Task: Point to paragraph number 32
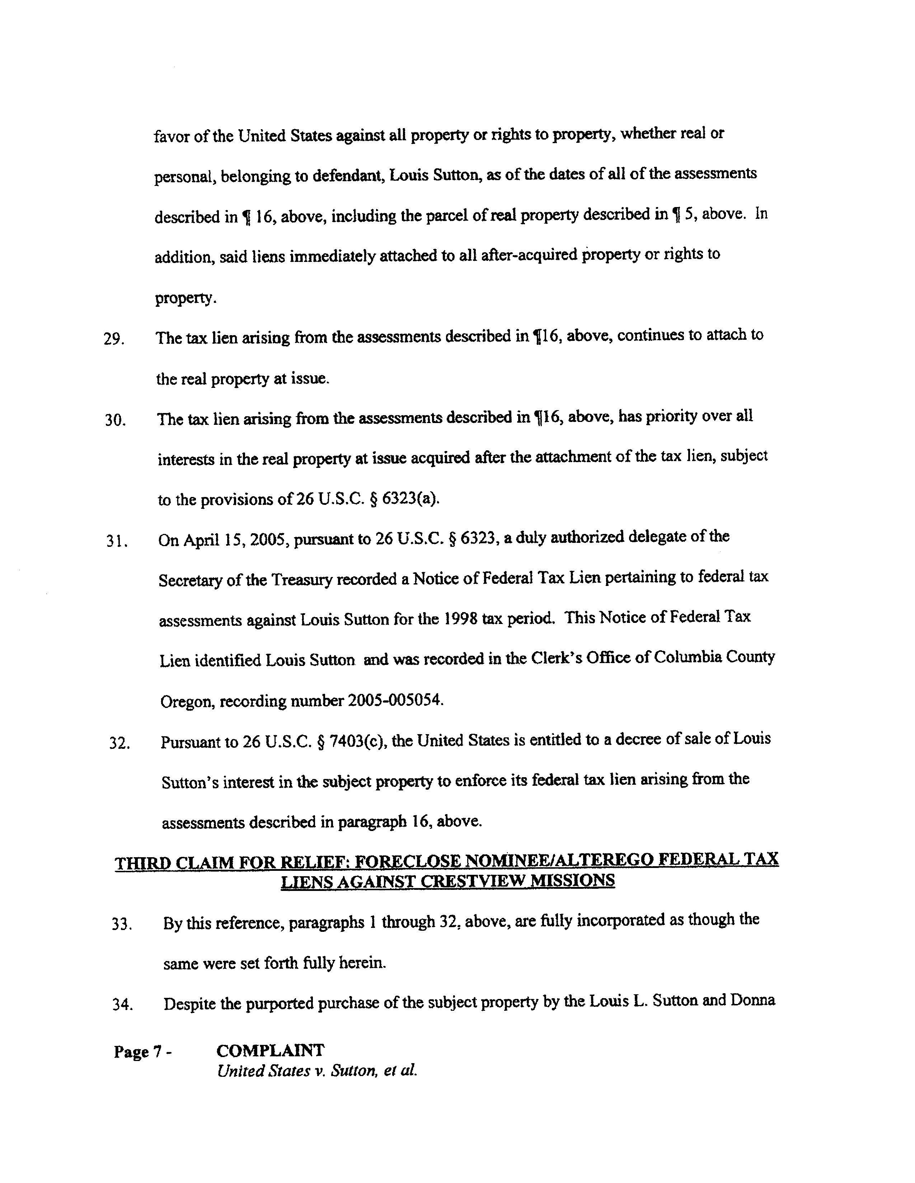point(119,743)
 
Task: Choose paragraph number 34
point(122,1005)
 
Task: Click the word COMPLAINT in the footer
point(270,1051)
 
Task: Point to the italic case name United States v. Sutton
point(316,1071)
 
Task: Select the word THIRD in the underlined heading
point(140,862)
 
